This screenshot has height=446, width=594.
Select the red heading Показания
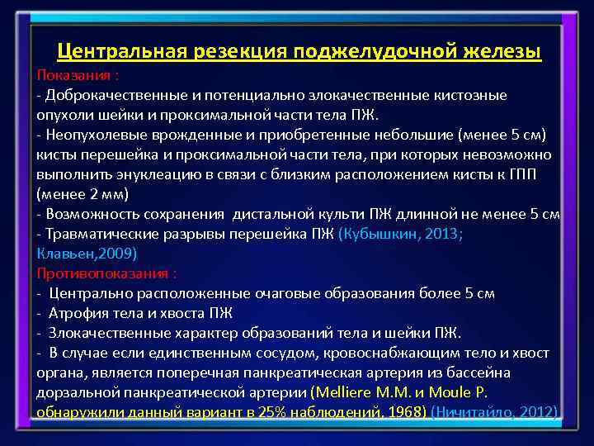[x=74, y=75]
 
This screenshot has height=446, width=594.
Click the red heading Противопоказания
[x=104, y=273]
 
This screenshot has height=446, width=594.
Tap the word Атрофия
[x=77, y=313]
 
